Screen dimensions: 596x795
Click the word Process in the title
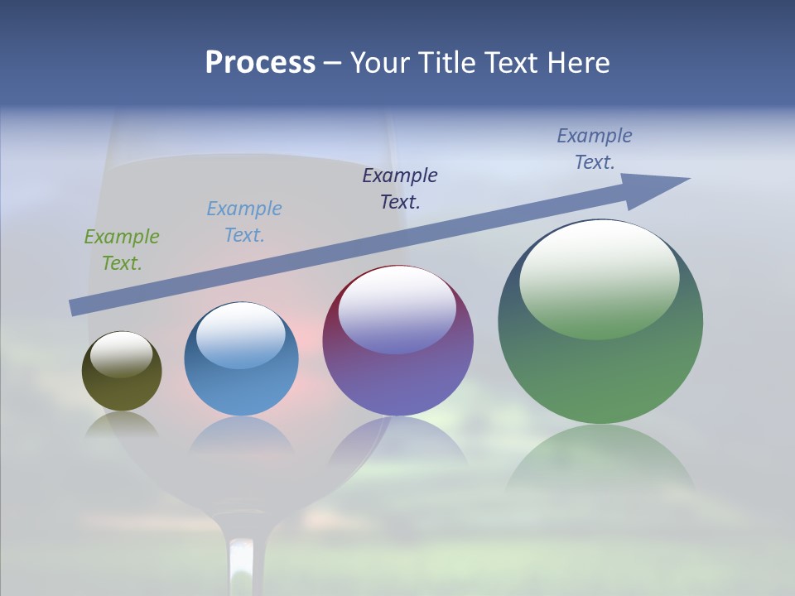coord(260,63)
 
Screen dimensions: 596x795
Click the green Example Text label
coord(122,250)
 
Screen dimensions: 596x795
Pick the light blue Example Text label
coord(244,222)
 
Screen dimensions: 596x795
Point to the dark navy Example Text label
coord(400,188)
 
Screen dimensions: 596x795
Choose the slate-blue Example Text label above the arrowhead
coord(595,149)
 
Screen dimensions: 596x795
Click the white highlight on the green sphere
coord(599,277)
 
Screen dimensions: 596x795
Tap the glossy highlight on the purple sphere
coord(397,310)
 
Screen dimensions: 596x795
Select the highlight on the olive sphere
coord(122,354)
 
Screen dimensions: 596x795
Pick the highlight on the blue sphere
coord(240,335)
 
